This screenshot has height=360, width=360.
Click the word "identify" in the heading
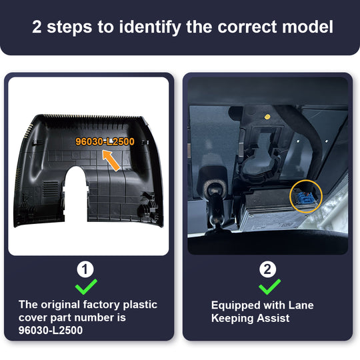point(150,27)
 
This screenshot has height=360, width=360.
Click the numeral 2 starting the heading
point(37,27)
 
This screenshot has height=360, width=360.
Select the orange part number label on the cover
point(105,141)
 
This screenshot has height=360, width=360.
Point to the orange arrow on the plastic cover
point(111,160)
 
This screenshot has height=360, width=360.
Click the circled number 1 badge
point(85,269)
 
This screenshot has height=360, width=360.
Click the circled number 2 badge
point(267,269)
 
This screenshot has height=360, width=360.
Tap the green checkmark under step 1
point(86,287)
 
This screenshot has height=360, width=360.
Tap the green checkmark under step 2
point(269,287)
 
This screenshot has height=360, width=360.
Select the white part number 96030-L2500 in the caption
point(51,330)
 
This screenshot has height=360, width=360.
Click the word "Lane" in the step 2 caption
point(301,305)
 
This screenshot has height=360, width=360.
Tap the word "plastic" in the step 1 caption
point(140,305)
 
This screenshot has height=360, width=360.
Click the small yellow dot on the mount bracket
point(267,117)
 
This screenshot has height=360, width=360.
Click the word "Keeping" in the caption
point(233,319)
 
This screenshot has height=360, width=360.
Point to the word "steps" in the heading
point(69,27)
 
